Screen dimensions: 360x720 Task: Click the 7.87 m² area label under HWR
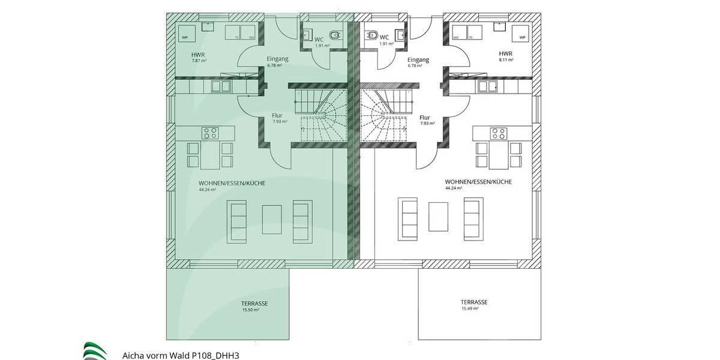pyautogui.click(x=199, y=61)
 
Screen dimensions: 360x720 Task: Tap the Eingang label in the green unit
pyautogui.click(x=278, y=59)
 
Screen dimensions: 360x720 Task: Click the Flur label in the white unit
pyautogui.click(x=425, y=118)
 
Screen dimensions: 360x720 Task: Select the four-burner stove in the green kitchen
pyautogui.click(x=210, y=133)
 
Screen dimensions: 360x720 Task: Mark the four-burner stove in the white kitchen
pyautogui.click(x=498, y=133)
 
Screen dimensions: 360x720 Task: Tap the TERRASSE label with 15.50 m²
pyautogui.click(x=254, y=304)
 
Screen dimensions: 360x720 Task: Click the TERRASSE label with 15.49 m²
pyautogui.click(x=474, y=302)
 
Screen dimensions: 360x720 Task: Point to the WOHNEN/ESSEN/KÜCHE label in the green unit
pyautogui.click(x=232, y=182)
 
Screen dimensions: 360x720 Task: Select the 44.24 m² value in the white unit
pyautogui.click(x=454, y=188)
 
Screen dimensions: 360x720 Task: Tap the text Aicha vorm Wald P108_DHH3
pyautogui.click(x=181, y=355)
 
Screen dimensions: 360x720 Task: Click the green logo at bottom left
pyautogui.click(x=95, y=351)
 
